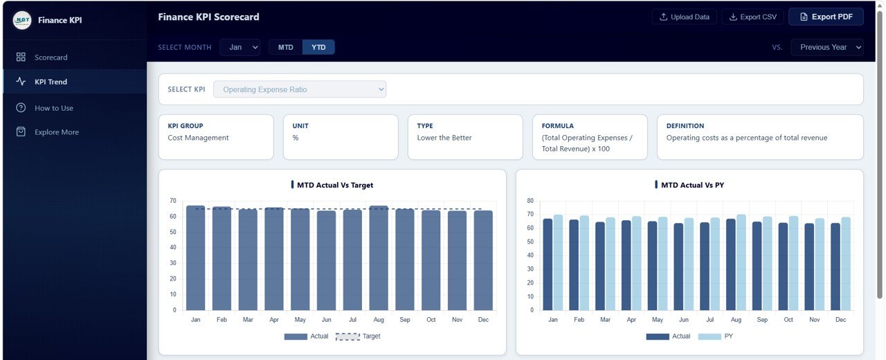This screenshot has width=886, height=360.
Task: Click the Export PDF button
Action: tap(826, 17)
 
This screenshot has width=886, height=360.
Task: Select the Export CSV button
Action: tap(752, 17)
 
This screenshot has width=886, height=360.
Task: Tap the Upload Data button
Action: tap(684, 17)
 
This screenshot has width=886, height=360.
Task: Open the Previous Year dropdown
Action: tap(827, 47)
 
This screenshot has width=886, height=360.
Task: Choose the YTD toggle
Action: tap(318, 47)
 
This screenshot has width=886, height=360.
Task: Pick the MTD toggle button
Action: tap(285, 47)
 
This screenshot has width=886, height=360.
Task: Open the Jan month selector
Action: tap(240, 47)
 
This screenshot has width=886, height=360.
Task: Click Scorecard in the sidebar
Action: tap(51, 57)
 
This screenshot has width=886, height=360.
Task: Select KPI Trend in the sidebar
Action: tap(51, 82)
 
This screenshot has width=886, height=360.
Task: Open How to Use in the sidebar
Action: tap(53, 108)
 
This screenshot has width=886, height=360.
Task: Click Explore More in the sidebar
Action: tap(56, 132)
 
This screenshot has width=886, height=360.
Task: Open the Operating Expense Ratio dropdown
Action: tap(299, 89)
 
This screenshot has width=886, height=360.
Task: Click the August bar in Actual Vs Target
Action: tap(379, 260)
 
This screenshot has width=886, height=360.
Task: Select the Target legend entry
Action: tap(358, 336)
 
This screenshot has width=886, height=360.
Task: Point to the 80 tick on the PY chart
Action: tap(530, 201)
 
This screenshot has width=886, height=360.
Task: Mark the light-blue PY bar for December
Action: tap(845, 264)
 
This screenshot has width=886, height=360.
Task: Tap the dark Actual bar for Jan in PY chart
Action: tap(548, 265)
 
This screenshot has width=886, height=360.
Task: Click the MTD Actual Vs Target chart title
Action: tap(335, 185)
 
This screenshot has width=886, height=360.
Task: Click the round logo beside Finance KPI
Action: tap(22, 20)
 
